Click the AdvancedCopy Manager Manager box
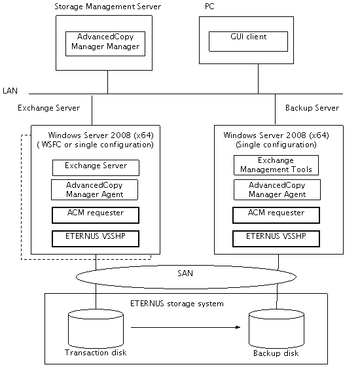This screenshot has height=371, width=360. pyautogui.click(x=105, y=44)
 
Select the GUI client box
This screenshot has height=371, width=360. pyautogui.click(x=248, y=41)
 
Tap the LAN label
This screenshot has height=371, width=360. pyautogui.click(x=10, y=90)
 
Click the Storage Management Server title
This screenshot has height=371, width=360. pyautogui.click(x=108, y=7)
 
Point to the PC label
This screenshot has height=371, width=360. pyautogui.click(x=209, y=7)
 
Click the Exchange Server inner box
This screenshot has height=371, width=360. pyautogui.click(x=96, y=168)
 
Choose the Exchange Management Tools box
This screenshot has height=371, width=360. pyautogui.click(x=276, y=165)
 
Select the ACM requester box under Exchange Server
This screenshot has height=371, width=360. pyautogui.click(x=96, y=215)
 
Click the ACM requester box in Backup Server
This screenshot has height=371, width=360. pyautogui.click(x=276, y=215)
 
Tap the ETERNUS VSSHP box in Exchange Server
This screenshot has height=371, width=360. pyautogui.click(x=96, y=239)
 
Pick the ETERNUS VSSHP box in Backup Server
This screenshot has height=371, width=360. pyautogui.click(x=276, y=239)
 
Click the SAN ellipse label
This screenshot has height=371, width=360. pyautogui.click(x=185, y=274)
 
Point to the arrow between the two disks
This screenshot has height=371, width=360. pyautogui.click(x=185, y=327)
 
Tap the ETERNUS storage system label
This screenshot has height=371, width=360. pyautogui.click(x=177, y=304)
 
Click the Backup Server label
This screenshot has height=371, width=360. pyautogui.click(x=312, y=108)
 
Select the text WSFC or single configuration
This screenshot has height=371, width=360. pyautogui.click(x=97, y=145)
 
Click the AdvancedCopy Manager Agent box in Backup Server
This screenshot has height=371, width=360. pyautogui.click(x=277, y=190)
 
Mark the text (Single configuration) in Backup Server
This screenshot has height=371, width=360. pyautogui.click(x=276, y=145)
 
